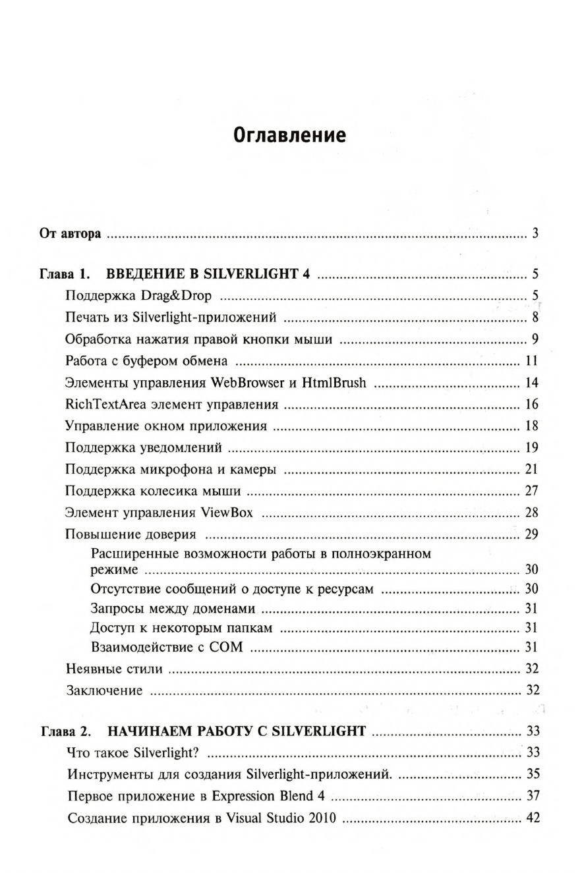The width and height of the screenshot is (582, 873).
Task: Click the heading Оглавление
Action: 290,136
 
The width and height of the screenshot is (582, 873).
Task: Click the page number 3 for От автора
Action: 536,234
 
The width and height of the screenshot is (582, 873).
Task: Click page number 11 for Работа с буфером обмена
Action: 533,360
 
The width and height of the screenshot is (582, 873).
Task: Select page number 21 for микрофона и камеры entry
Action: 533,469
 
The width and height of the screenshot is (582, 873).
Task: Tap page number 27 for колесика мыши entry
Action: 533,491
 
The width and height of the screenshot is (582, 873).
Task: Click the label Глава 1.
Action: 63,275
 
